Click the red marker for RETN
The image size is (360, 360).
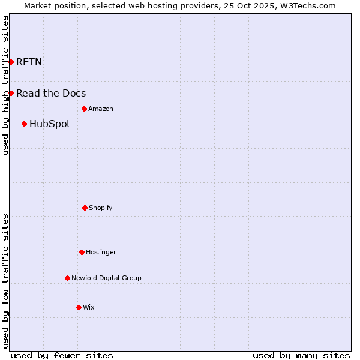click(11, 62)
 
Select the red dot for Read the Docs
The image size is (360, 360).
click(11, 93)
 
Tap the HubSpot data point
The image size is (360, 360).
click(24, 124)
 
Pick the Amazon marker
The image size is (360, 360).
click(84, 109)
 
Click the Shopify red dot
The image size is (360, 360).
click(85, 208)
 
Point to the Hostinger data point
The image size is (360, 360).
click(82, 252)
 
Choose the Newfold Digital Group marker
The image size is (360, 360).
click(67, 278)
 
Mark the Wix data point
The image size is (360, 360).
click(79, 307)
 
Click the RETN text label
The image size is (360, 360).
click(29, 62)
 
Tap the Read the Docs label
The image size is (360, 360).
click(51, 93)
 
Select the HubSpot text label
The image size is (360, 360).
click(50, 124)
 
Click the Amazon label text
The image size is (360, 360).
click(101, 109)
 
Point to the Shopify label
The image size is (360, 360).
click(101, 208)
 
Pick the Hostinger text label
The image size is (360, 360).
click(101, 252)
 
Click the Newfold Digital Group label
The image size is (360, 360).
click(106, 278)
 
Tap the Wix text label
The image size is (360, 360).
click(89, 307)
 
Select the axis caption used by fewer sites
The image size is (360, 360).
click(62, 355)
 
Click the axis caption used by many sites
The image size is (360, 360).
click(301, 355)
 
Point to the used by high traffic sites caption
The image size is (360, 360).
click(5, 85)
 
